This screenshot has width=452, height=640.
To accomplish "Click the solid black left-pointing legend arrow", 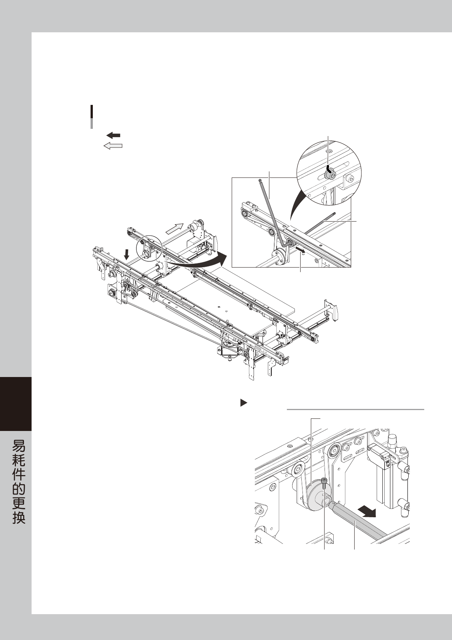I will pos(113,135).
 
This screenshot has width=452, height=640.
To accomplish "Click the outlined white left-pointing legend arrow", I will pos(113,146).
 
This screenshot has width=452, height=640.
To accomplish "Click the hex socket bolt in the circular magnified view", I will pos(330,174).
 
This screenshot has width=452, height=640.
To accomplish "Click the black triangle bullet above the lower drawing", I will pos(244,402).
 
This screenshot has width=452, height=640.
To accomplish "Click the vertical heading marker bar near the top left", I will pos(92,116).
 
